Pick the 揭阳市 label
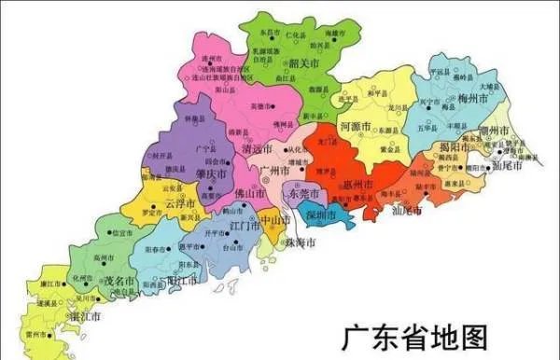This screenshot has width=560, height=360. click(455, 147)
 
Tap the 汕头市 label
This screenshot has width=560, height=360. click(509, 166)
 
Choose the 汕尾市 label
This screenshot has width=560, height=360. click(406, 211)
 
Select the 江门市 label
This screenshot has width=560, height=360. click(245, 226)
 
